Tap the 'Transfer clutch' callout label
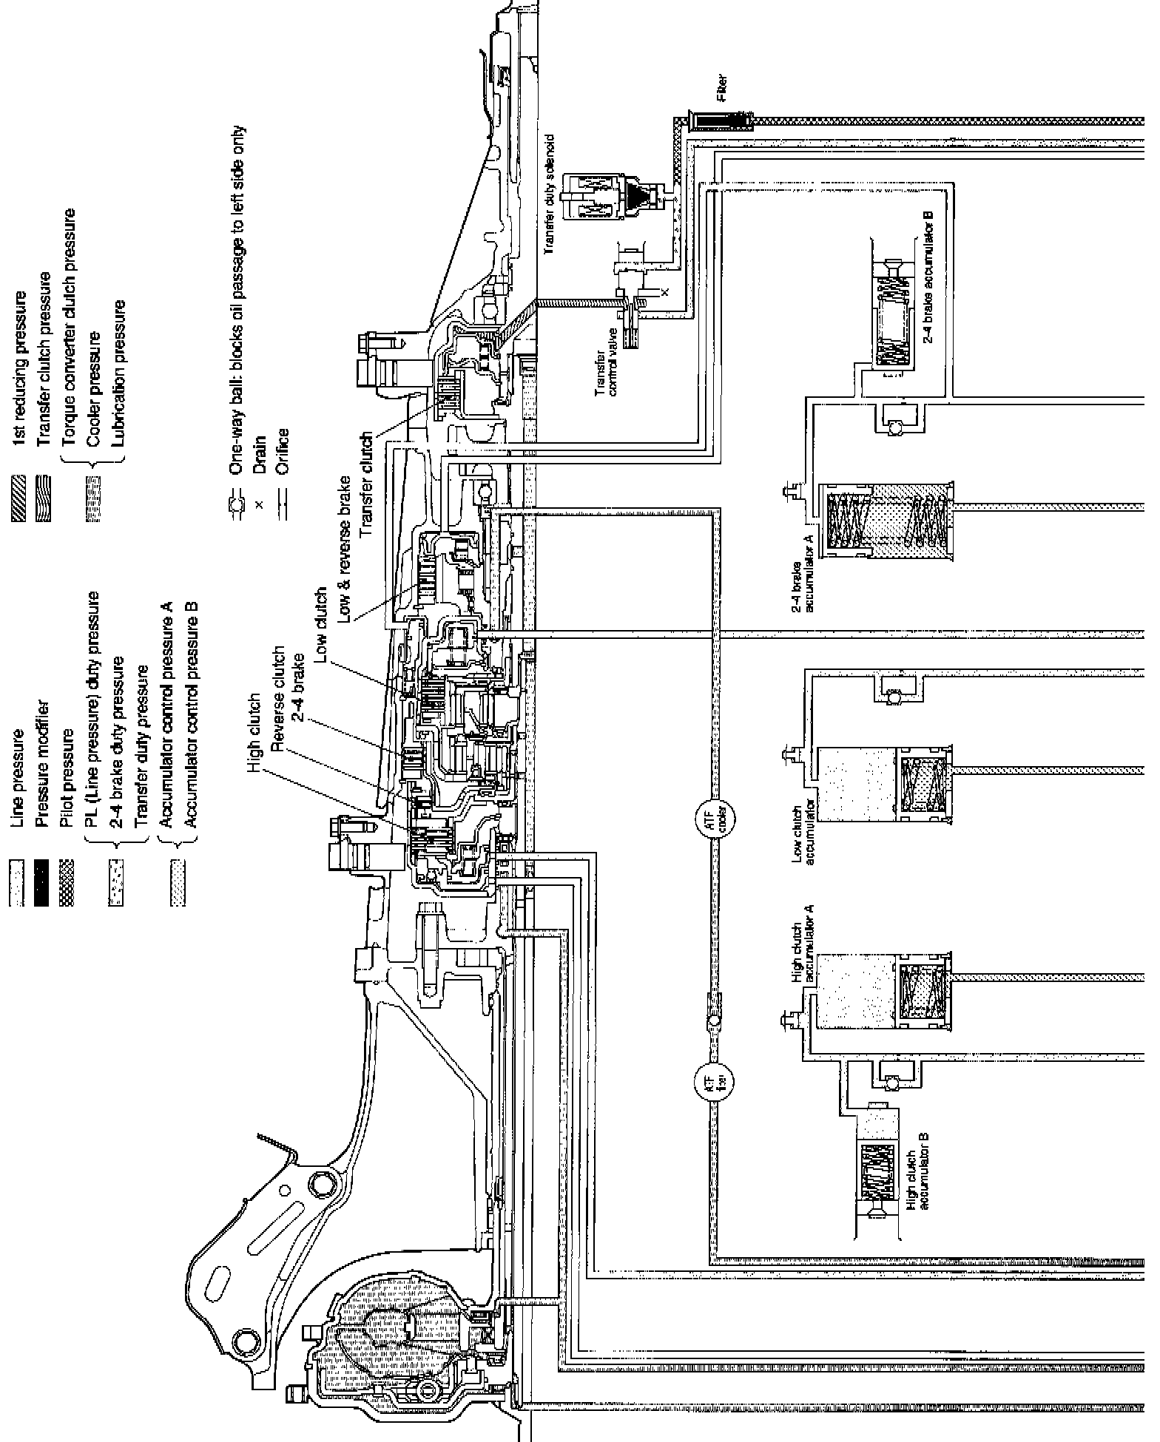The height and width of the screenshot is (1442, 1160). point(365,478)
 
